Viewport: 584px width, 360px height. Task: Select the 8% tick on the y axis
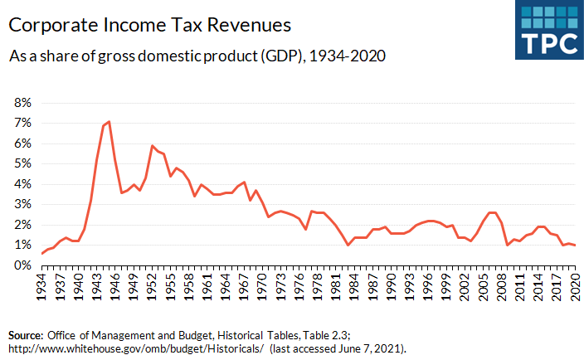pyautogui.click(x=21, y=103)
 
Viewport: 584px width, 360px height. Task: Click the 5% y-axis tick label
pyautogui.click(x=21, y=163)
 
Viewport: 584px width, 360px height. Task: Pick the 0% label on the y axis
pyautogui.click(x=21, y=265)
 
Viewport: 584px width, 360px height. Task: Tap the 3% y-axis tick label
pyautogui.click(x=21, y=204)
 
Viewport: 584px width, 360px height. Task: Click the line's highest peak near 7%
pyautogui.click(x=109, y=122)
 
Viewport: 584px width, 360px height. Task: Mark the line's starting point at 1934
pyautogui.click(x=42, y=253)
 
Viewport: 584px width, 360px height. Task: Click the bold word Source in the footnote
pyautogui.click(x=25, y=333)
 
